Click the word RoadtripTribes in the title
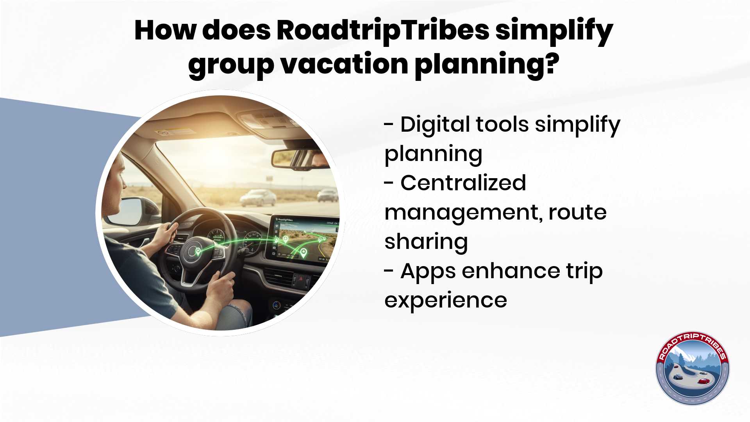383,30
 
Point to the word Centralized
463,183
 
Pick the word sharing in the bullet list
426,242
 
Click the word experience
446,301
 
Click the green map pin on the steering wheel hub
198,251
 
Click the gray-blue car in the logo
678,377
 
